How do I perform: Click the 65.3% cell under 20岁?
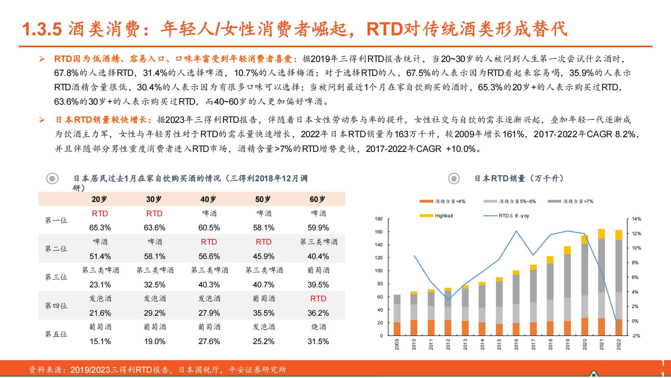pyautogui.click(x=100, y=228)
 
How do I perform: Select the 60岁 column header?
pyautogui.click(x=317, y=199)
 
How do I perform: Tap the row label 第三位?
pyautogui.click(x=56, y=277)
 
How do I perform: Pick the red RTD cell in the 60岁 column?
pyautogui.click(x=318, y=299)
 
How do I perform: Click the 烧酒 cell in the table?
pyautogui.click(x=318, y=327)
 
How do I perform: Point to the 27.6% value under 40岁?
pyautogui.click(x=209, y=341)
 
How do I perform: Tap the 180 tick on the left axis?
pyautogui.click(x=378, y=219)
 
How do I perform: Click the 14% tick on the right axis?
pyautogui.click(x=636, y=219)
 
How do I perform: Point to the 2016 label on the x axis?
pyautogui.click(x=516, y=344)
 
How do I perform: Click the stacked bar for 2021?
pyautogui.click(x=601, y=283)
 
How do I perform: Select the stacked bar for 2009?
pyautogui.click(x=397, y=315)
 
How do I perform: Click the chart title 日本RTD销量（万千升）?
pyautogui.click(x=519, y=178)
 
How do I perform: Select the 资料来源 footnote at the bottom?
pyautogui.click(x=157, y=370)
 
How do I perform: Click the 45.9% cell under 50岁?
pyautogui.click(x=264, y=256)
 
